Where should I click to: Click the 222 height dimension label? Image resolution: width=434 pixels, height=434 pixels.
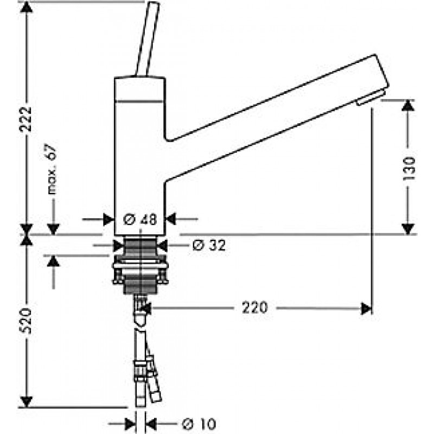pos(25,119)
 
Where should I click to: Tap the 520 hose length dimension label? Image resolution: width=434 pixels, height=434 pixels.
pos(25,321)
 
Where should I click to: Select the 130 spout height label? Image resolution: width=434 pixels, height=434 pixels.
pos(408,168)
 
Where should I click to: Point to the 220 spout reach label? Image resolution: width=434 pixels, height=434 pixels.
pos(255,308)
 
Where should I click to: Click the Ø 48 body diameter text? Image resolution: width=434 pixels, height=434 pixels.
pos(140,220)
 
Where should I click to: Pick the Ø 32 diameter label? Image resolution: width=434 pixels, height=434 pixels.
pos(209,245)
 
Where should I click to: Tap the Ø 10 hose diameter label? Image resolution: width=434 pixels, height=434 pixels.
pos(199,424)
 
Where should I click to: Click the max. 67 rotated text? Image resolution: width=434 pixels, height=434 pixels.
pos(52,169)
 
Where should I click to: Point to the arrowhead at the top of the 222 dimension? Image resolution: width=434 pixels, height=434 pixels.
pos(27,7)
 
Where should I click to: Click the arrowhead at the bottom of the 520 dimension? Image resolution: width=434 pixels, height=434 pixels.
pos(27,401)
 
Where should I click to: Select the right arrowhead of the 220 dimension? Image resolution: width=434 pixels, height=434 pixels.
pos(366,309)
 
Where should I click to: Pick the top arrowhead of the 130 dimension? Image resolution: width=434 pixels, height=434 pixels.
pos(408,105)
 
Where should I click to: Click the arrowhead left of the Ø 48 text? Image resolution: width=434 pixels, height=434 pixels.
pos(109,220)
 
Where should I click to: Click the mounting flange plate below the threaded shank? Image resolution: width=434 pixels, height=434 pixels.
pos(141,265)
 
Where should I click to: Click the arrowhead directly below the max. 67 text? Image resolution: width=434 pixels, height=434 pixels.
pos(53,229)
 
